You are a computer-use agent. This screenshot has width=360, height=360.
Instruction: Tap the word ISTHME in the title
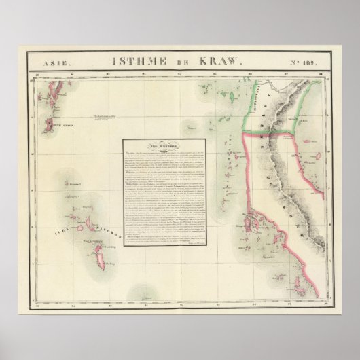tap(133, 62)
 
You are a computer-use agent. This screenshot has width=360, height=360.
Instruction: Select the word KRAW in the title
tap(219, 62)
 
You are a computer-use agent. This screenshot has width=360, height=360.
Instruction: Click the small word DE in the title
tap(179, 62)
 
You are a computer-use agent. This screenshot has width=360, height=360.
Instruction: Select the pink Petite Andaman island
tap(50, 124)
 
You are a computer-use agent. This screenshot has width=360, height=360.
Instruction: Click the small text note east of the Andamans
tap(103, 117)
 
